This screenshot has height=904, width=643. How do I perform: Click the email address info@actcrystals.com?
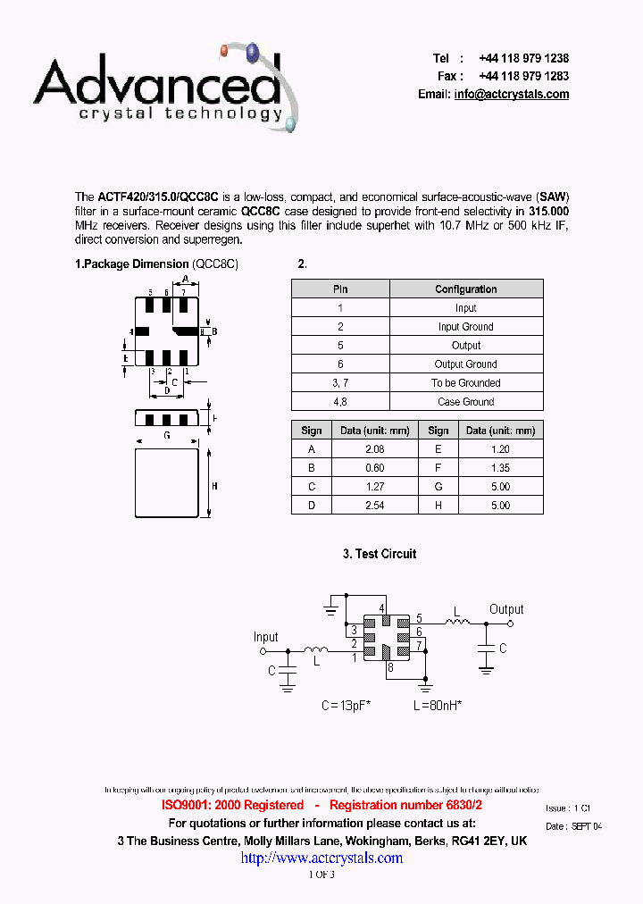coord(511,95)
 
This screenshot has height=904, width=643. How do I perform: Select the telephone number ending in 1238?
coord(523,58)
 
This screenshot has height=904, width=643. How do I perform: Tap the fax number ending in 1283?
coord(523,76)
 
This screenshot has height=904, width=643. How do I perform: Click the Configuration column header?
coord(465,289)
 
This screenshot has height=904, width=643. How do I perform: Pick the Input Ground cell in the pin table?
coord(465,327)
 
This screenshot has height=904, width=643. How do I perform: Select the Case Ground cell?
coord(465,402)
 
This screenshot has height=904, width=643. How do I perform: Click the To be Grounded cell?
coord(465,383)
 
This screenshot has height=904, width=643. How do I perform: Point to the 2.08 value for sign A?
coord(374,449)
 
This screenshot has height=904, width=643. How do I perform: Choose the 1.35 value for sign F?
coord(500,468)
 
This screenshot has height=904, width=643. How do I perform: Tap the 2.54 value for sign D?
coord(374,506)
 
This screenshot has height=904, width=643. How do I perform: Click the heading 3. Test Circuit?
coord(380,554)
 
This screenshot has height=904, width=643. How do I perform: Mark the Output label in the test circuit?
coord(506,609)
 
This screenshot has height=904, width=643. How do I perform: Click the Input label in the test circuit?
coord(266,637)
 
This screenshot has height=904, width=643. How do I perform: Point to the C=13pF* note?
coord(347,706)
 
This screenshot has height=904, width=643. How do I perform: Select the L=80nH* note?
coord(437,706)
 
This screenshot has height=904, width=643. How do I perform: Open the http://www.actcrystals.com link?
coord(321,858)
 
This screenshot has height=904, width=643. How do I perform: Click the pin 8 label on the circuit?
coord(389,667)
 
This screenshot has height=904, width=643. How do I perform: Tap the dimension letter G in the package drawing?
coord(166,436)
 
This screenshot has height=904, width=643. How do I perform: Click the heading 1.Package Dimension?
coord(131,264)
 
